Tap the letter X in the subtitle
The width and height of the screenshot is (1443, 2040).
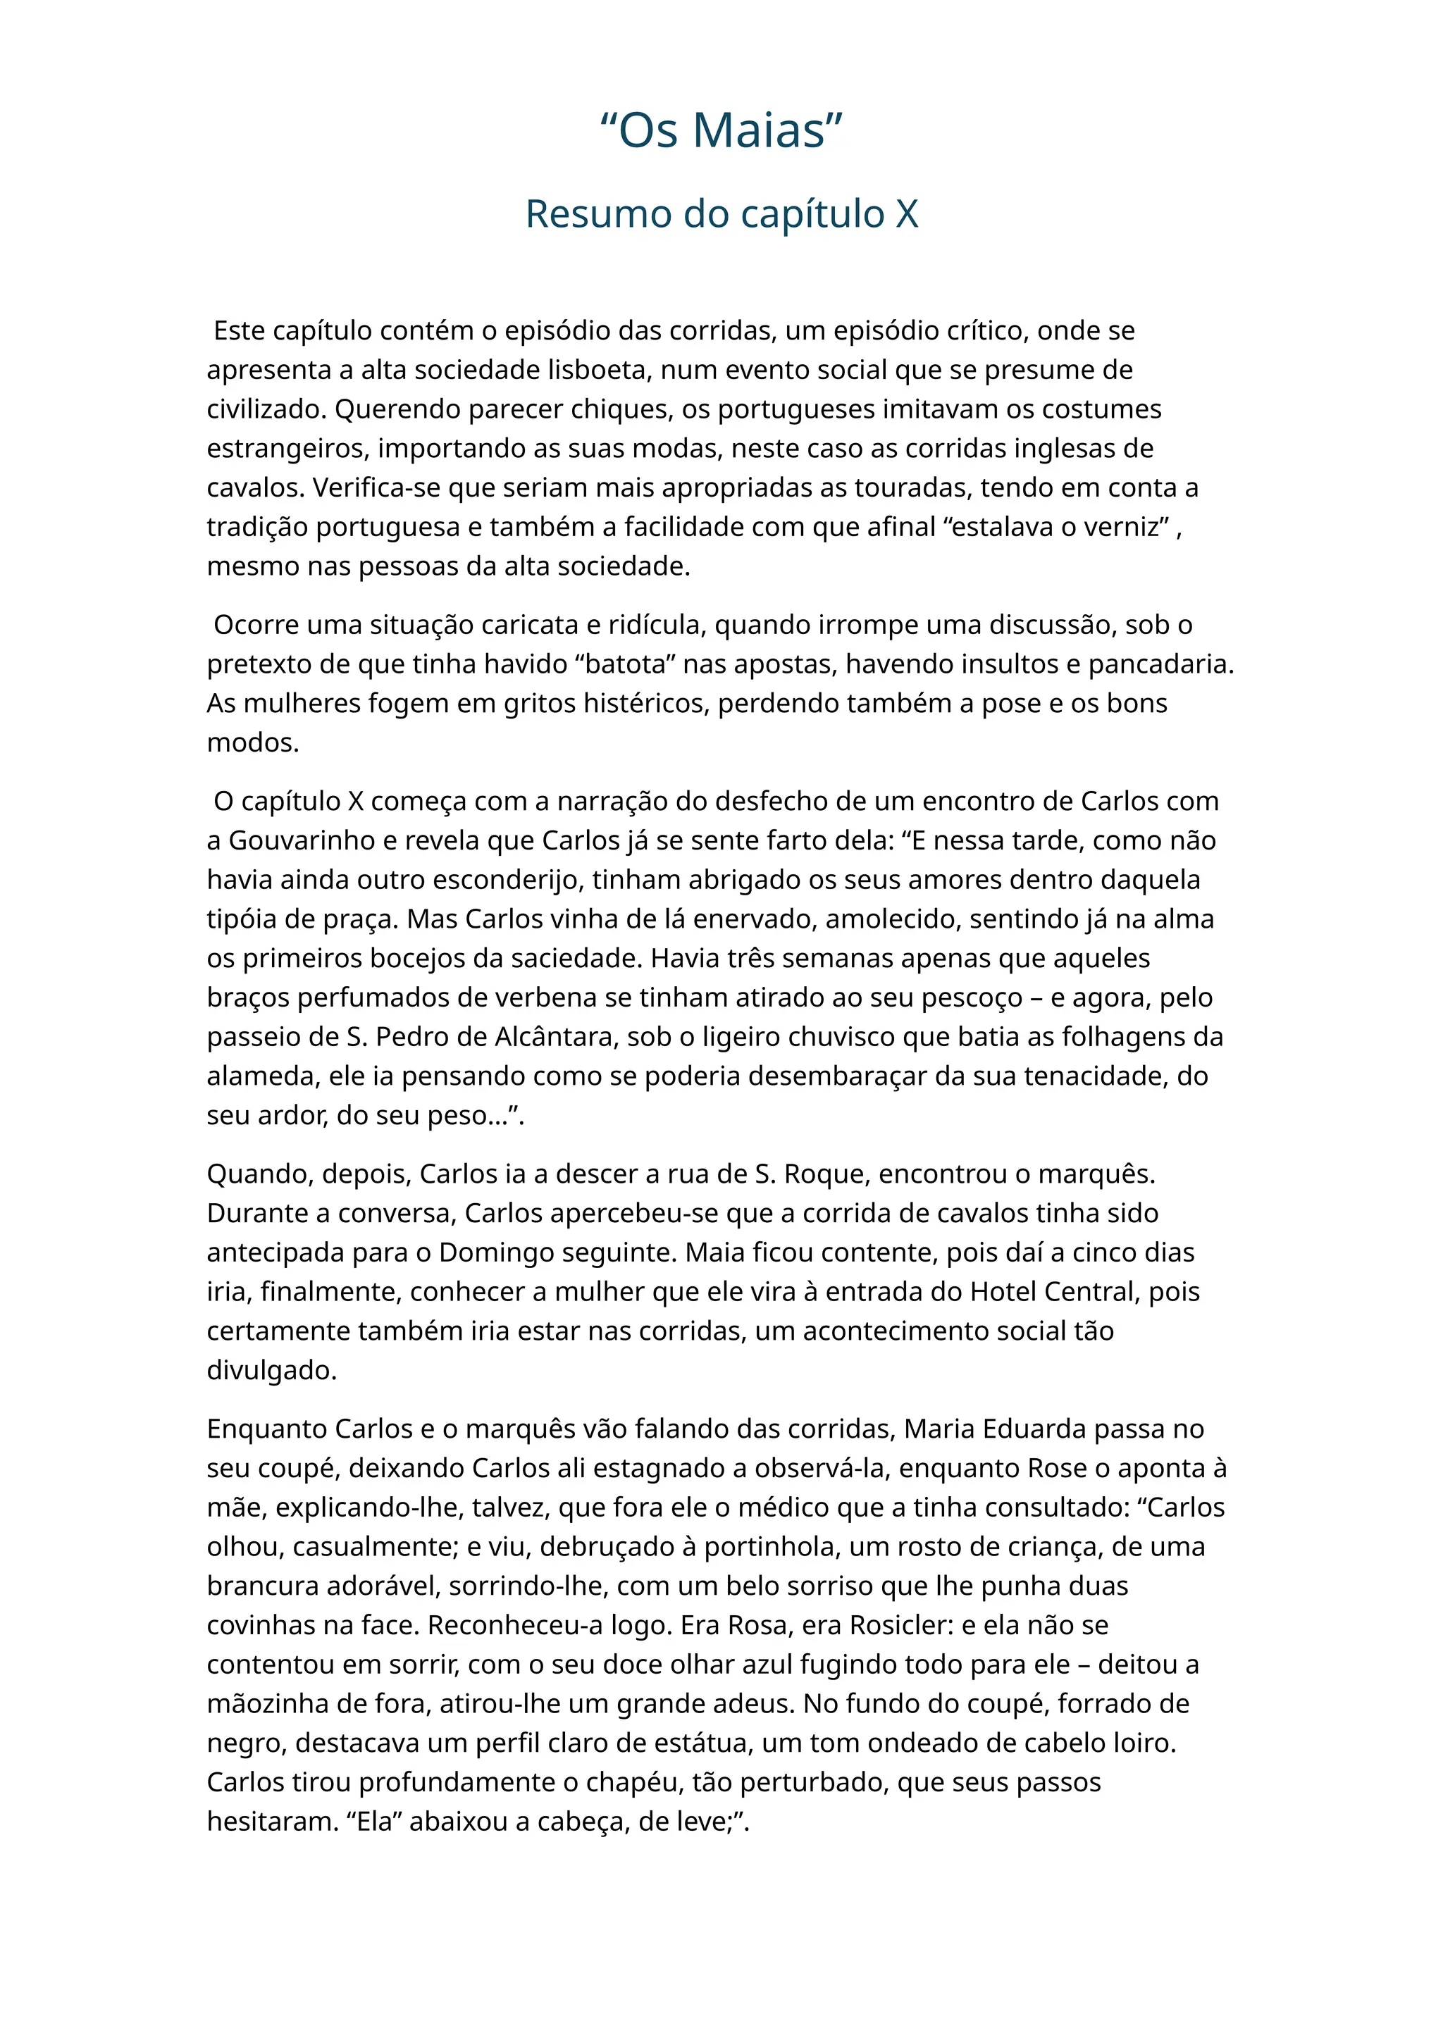[906, 214]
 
